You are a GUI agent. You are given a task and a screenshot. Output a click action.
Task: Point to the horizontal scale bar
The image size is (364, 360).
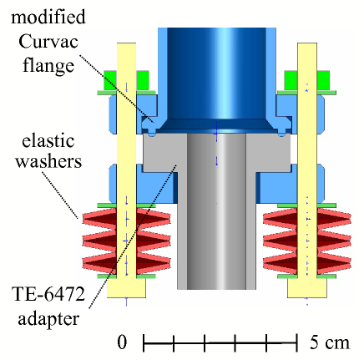(x=221, y=342)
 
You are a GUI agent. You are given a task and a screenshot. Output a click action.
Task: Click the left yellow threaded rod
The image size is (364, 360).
(x=126, y=167)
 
